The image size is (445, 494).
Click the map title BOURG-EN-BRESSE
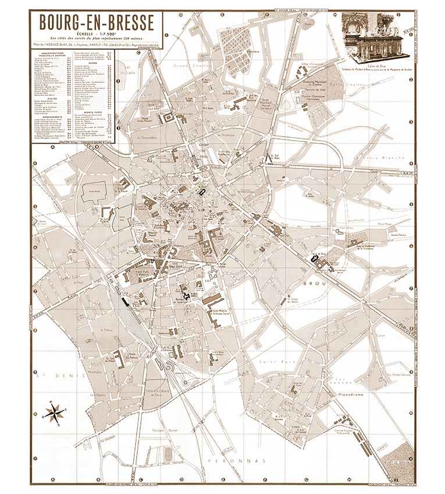tap(97, 22)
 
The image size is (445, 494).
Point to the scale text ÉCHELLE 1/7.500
tap(97, 34)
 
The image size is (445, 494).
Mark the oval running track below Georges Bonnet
tap(169, 452)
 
